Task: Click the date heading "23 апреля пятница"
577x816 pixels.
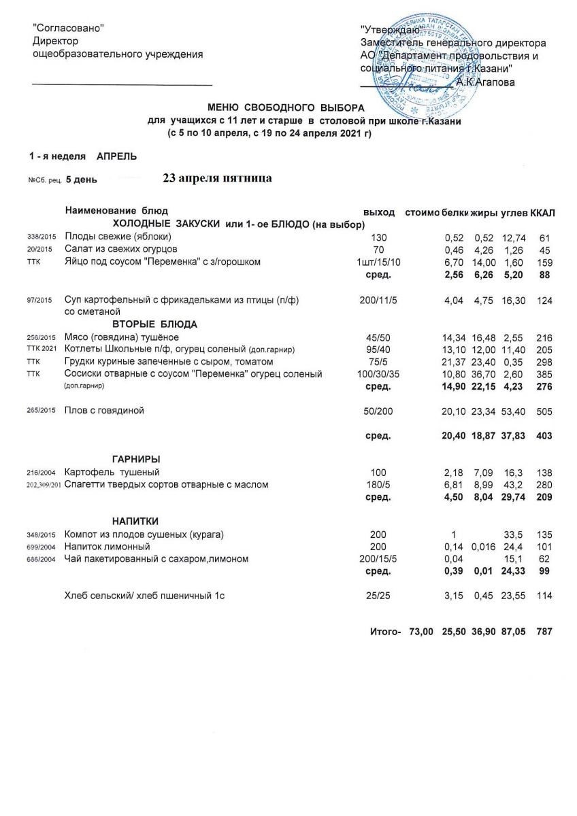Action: point(218,179)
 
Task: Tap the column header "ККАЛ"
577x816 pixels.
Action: point(543,213)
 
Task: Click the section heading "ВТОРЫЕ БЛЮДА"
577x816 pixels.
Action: point(154,324)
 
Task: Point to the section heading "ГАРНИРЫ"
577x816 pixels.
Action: point(136,459)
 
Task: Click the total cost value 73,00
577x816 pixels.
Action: point(421,632)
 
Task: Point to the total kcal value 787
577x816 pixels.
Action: point(544,632)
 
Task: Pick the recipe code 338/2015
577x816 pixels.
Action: point(39,237)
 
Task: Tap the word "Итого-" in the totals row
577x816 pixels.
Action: point(384,632)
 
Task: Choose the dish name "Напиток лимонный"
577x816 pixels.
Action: point(107,546)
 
